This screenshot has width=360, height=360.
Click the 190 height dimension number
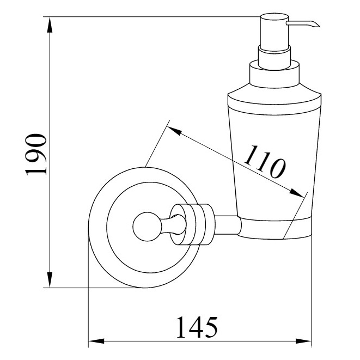tap(36, 155)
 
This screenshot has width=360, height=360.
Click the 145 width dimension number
tap(197, 327)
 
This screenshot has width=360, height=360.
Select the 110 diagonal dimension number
tap(265, 162)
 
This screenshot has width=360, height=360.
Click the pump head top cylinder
tap(274, 32)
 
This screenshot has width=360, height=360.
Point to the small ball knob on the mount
tap(147, 227)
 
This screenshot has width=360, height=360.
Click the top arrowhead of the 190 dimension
tap(50, 25)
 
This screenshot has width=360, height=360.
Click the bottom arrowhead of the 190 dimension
tap(50, 279)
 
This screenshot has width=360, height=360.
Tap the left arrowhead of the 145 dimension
tap(96, 341)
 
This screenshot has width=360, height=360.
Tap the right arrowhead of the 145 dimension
tap(303, 341)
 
